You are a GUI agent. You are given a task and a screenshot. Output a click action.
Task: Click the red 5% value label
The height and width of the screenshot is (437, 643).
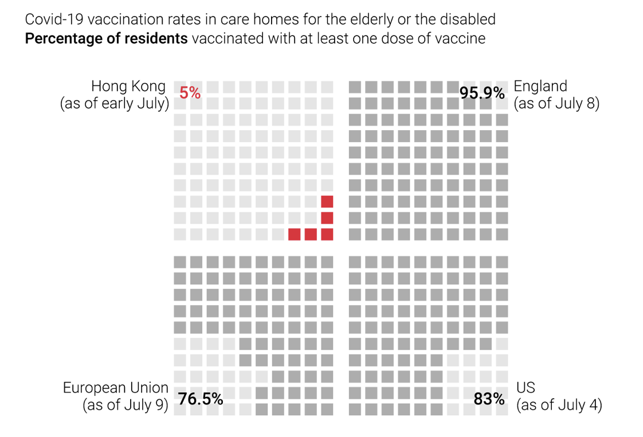(190, 92)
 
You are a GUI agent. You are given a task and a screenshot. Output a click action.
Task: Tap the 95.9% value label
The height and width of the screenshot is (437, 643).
(483, 92)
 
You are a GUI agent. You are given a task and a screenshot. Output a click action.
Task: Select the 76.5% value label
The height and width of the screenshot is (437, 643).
(201, 399)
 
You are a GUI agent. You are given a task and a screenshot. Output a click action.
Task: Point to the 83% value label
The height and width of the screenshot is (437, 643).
(489, 399)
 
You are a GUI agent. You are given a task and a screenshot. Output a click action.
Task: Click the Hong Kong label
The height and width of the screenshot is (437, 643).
(128, 87)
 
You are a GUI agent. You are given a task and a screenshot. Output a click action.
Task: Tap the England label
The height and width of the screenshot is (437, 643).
(540, 87)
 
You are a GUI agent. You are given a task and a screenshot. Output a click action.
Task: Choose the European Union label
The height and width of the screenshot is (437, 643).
(116, 388)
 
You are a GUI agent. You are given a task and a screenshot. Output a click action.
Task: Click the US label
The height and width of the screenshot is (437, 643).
(526, 388)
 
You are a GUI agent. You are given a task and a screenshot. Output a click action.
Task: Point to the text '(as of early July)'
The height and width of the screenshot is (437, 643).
(115, 104)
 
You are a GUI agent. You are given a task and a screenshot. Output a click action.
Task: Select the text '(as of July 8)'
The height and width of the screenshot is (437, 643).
(556, 104)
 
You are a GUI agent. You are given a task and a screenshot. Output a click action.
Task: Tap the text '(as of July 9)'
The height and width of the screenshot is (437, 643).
(126, 405)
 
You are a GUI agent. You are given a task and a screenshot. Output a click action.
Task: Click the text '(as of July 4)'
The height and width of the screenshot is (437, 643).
(559, 405)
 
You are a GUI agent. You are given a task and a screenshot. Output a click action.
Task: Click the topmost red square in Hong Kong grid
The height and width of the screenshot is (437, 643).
(327, 202)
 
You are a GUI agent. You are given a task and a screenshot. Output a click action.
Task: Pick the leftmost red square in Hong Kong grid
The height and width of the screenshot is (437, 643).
(295, 234)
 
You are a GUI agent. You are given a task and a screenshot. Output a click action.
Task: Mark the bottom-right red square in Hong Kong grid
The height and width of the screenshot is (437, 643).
(327, 234)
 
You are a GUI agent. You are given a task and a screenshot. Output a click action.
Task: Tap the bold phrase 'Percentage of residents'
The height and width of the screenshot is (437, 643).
(107, 39)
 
